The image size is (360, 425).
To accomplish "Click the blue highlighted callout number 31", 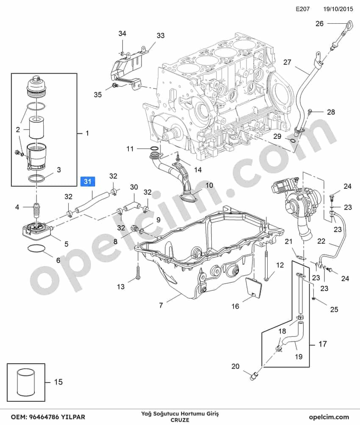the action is pyautogui.click(x=87, y=181).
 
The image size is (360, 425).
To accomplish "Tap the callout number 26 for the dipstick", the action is pyautogui.click(x=320, y=24).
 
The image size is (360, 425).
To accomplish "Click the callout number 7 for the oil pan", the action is pyautogui.click(x=161, y=306).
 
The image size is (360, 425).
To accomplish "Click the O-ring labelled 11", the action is pyautogui.click(x=154, y=149).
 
